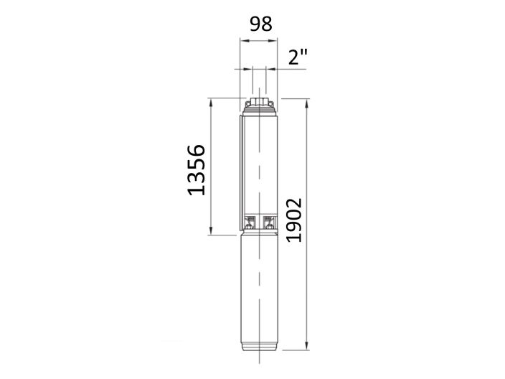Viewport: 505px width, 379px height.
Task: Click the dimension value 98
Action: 260,24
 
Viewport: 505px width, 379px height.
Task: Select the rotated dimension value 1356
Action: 195,169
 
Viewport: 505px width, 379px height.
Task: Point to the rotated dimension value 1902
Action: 294,219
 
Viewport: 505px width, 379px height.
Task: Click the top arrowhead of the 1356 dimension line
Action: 212,101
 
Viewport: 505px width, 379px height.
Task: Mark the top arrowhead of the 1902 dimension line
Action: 307,101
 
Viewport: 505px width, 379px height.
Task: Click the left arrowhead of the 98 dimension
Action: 242,41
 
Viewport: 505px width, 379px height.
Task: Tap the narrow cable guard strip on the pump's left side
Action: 241,172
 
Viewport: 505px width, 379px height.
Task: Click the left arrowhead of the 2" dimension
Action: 250,70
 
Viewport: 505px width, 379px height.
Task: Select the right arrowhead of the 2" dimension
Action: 268,70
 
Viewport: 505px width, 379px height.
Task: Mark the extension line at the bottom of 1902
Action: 294,351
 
